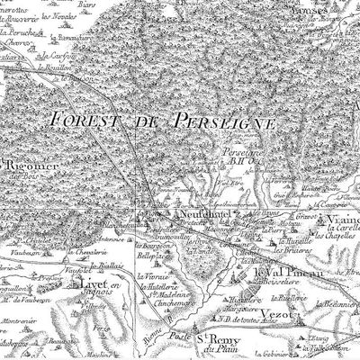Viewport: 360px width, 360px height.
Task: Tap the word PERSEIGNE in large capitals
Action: (x=207, y=117)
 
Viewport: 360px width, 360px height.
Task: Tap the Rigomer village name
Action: (x=25, y=167)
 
